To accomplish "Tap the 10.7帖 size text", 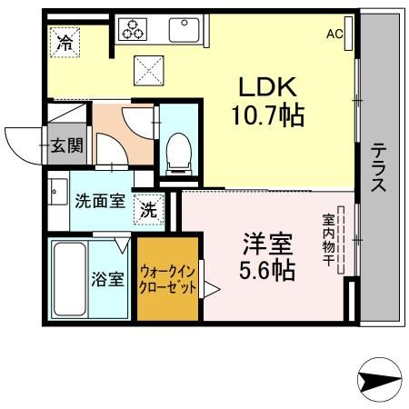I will pyautogui.click(x=271, y=115).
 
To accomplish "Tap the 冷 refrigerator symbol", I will pyautogui.click(x=65, y=41).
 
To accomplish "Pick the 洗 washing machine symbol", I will pyautogui.click(x=150, y=208).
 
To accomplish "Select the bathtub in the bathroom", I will pyautogui.click(x=68, y=278).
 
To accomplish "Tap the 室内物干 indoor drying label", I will pyautogui.click(x=329, y=237).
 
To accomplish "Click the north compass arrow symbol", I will pyautogui.click(x=381, y=379).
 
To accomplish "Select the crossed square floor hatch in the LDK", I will pyautogui.click(x=148, y=69).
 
